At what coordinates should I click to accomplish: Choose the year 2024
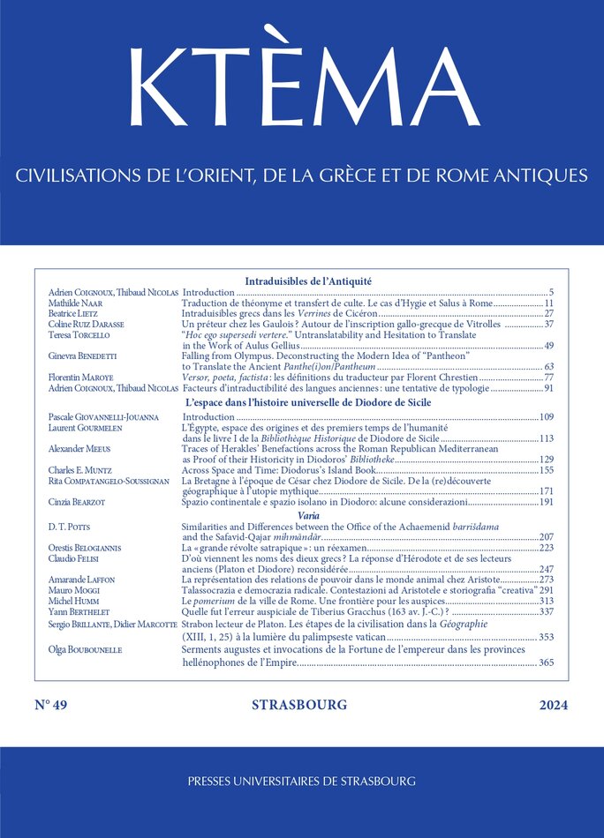553,705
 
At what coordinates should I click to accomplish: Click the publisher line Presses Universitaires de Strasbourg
301,781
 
